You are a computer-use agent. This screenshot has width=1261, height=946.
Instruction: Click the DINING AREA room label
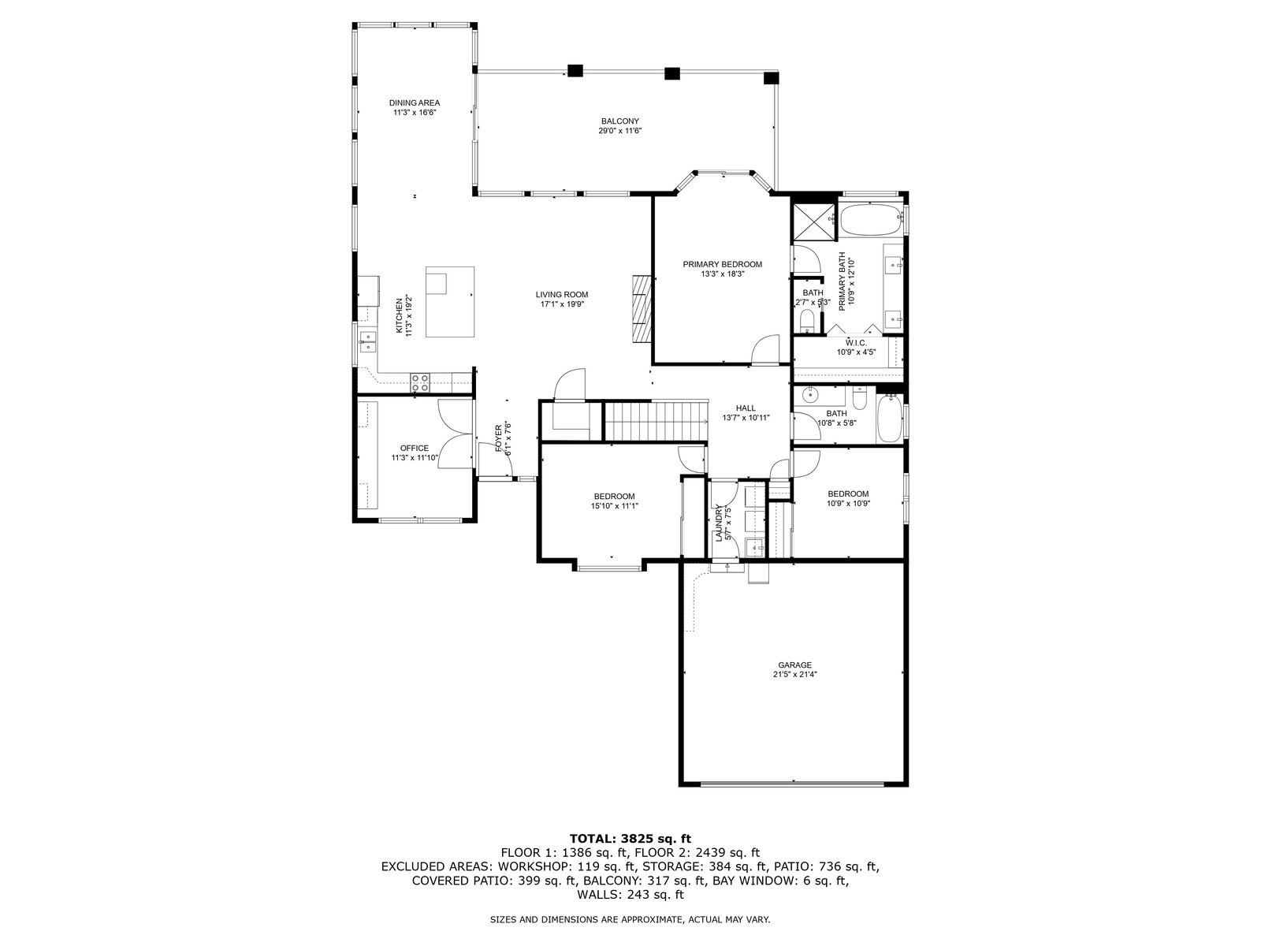[x=415, y=102]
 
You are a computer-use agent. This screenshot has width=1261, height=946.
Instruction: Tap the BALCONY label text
[x=620, y=121]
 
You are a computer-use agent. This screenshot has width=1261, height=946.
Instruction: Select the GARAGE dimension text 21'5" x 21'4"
[x=795, y=674]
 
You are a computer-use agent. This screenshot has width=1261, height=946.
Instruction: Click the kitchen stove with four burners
[x=419, y=382]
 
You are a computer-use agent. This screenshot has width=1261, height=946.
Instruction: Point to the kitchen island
[x=450, y=302]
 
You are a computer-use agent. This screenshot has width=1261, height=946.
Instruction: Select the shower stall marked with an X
[x=813, y=220]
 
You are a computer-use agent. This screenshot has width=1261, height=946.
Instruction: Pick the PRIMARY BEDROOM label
[x=722, y=264]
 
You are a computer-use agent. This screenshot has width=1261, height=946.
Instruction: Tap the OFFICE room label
[x=415, y=448]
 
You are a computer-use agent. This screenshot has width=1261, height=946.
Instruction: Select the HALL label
[x=746, y=408]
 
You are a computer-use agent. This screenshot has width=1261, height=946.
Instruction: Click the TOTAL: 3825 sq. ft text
[x=630, y=839]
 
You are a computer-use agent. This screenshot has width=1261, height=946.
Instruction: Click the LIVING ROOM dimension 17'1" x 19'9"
[x=562, y=304]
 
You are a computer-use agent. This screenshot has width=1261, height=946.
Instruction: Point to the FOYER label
[x=499, y=439]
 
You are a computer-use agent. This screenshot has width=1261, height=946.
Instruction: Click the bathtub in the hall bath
[x=890, y=419]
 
